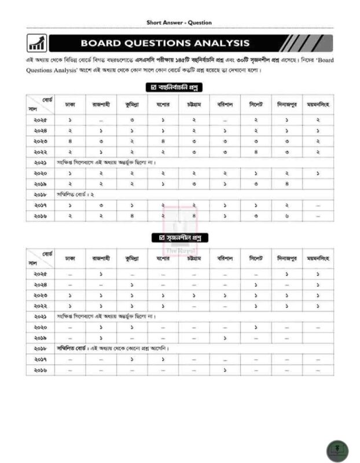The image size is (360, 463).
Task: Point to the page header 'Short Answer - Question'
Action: point(179,23)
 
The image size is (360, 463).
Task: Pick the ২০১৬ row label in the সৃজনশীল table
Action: point(40,369)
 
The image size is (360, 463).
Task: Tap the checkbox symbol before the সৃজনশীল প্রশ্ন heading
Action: point(155,238)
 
